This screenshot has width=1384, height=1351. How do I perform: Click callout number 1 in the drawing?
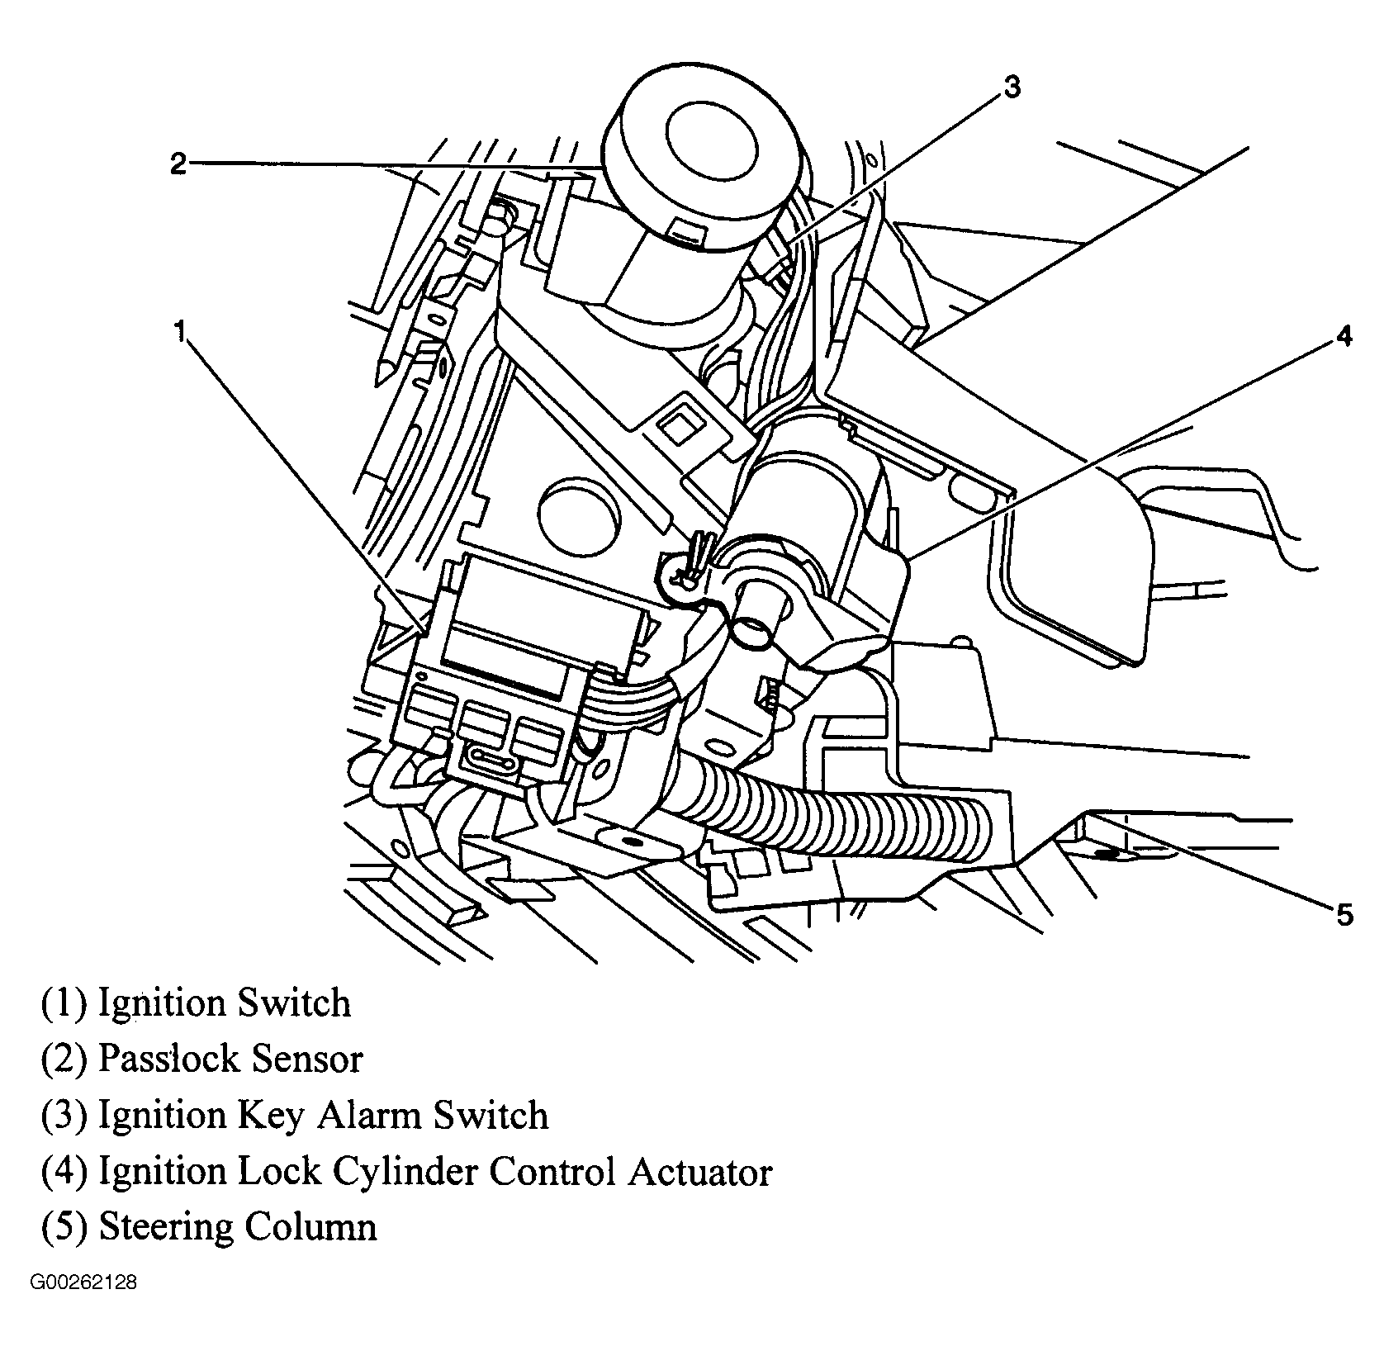pyautogui.click(x=179, y=331)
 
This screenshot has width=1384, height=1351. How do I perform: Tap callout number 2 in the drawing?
pyautogui.click(x=178, y=163)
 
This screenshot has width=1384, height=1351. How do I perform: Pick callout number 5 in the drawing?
pyautogui.click(x=1344, y=914)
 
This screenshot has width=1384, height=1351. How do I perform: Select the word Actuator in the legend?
pyautogui.click(x=699, y=1171)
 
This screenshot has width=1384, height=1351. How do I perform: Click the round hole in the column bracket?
pyautogui.click(x=577, y=511)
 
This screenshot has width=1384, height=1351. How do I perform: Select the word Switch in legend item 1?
pyautogui.click(x=293, y=1003)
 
